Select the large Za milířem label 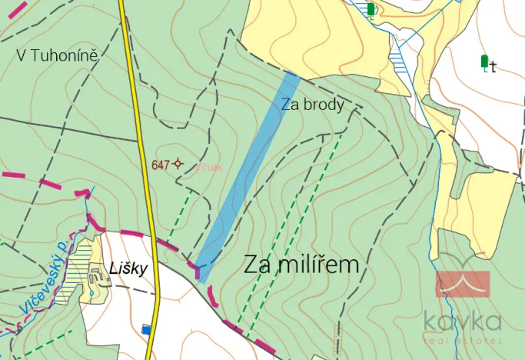tap(302, 265)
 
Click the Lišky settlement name tap(128, 268)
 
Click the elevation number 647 tap(160, 165)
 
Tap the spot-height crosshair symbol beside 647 tap(178, 163)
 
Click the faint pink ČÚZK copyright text tap(208, 167)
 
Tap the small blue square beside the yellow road tap(146, 330)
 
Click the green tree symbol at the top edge tap(372, 9)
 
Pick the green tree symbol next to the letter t tap(484, 62)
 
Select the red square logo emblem tap(463, 283)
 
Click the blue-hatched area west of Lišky tap(76, 265)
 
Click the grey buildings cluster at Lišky tap(98, 275)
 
